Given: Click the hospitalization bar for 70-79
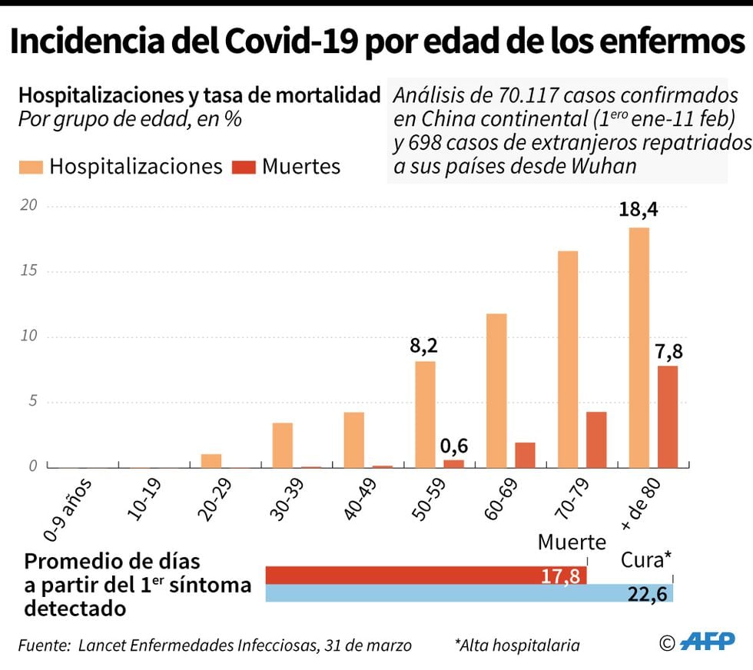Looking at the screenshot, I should [568, 359].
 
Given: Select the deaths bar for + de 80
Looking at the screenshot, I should [668, 416].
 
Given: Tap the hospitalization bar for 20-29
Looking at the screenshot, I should [211, 460].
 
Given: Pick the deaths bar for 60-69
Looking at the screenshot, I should [525, 455].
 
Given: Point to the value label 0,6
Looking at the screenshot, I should [454, 445].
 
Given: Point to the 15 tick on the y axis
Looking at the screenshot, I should [29, 271].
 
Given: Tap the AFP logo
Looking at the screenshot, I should [708, 641].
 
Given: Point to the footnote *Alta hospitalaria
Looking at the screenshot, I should [516, 645].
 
